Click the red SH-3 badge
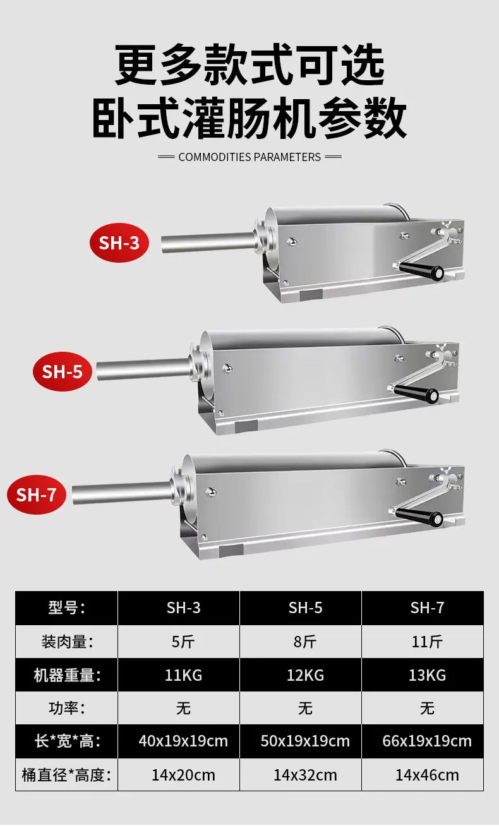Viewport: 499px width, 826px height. point(119,242)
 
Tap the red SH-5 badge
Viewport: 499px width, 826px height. point(63,371)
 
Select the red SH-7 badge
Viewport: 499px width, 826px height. point(36,494)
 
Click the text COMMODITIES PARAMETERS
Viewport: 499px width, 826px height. point(249,157)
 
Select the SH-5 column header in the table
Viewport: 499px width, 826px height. point(305,608)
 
